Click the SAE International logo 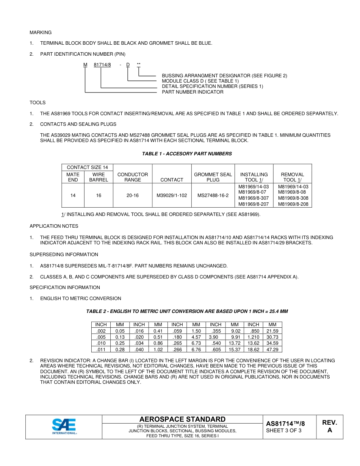coord(64,426)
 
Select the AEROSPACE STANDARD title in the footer coord(182,419)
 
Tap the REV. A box coord(329,426)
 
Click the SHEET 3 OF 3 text coord(284,430)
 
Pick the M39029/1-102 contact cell coord(172,195)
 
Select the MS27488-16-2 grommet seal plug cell coord(213,195)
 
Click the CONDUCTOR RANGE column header coord(133,177)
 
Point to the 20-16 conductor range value coord(133,195)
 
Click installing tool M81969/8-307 coord(254,198)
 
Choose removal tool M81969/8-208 coord(293,204)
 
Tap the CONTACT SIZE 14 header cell coord(87,167)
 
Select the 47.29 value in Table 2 coord(272,349)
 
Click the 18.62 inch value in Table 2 coord(253,349)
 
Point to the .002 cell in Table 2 coord(101,331)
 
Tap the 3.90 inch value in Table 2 coord(213,337)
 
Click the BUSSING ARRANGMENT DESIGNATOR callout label coord(224,76)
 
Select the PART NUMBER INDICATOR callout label coord(193,92)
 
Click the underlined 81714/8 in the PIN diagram coord(102,65)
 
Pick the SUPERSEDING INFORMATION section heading coord(64,255)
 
